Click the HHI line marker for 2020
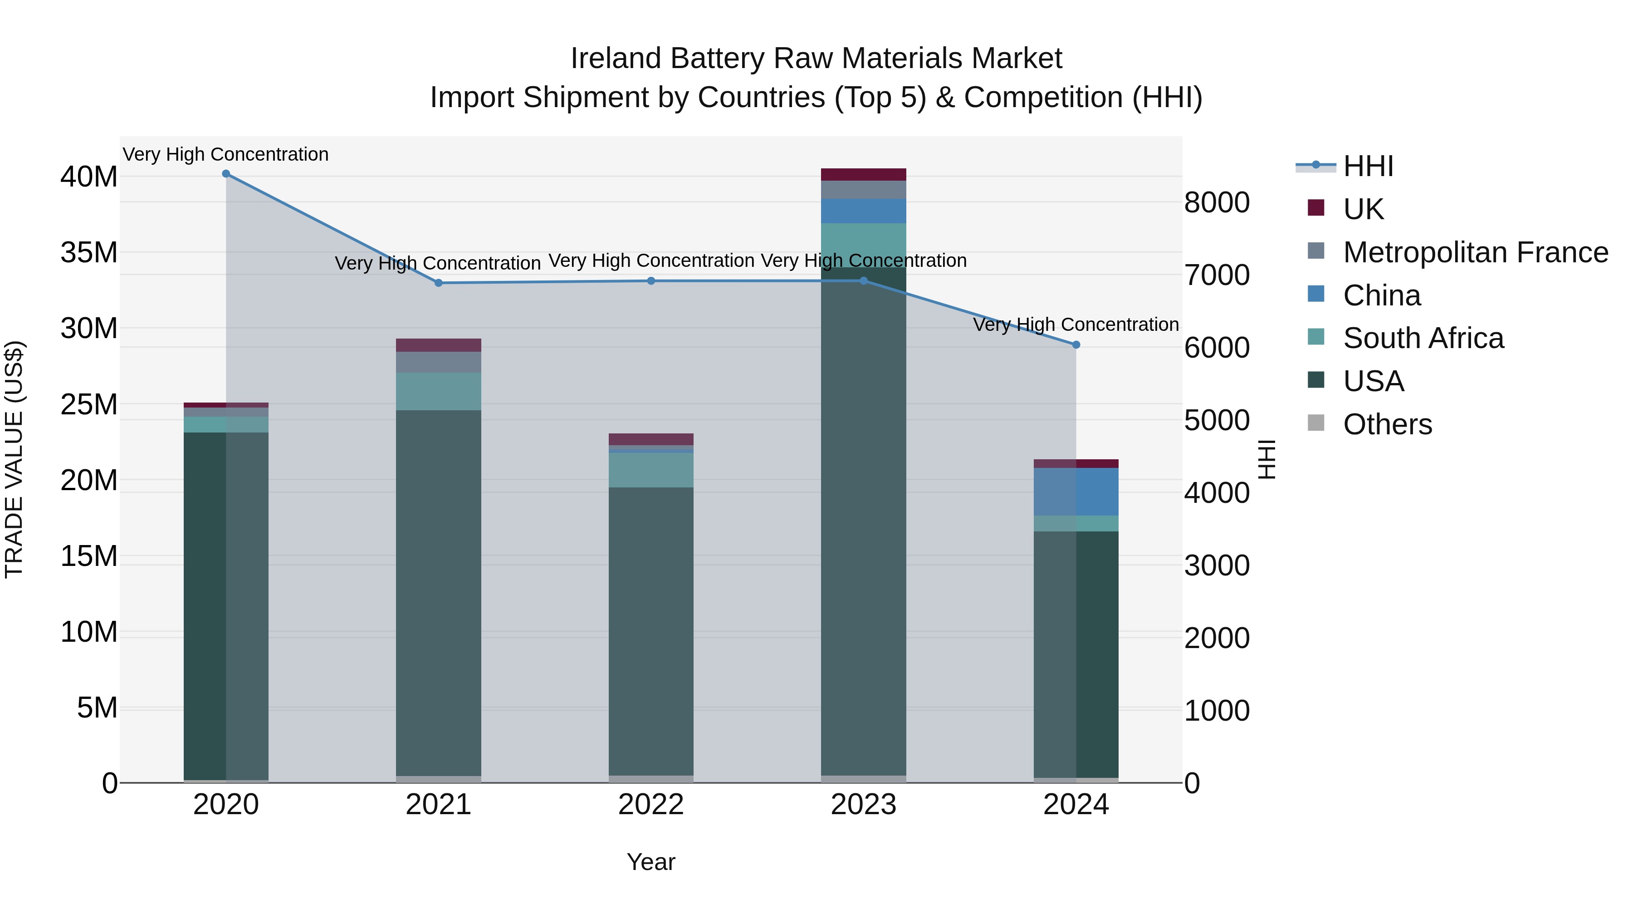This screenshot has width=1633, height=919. (226, 174)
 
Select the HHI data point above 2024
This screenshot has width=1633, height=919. (1076, 345)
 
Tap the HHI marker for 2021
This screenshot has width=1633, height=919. (439, 283)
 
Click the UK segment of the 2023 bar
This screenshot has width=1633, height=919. (863, 174)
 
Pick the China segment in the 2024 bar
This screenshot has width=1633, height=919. (1076, 491)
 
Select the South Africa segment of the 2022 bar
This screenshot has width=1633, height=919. (651, 469)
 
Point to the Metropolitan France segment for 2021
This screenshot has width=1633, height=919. (439, 362)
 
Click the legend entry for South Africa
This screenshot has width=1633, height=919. (1423, 338)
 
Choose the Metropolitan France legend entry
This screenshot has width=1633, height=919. (1475, 252)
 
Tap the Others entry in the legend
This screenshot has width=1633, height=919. (1387, 424)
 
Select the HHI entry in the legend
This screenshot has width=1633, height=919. (1368, 166)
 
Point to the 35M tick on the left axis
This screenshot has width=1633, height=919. (89, 252)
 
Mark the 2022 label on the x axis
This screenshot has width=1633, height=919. (651, 805)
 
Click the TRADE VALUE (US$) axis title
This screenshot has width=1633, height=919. (14, 459)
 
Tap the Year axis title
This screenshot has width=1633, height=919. (651, 862)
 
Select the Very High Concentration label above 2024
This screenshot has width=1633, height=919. (1076, 325)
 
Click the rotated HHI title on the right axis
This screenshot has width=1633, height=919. (1266, 459)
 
